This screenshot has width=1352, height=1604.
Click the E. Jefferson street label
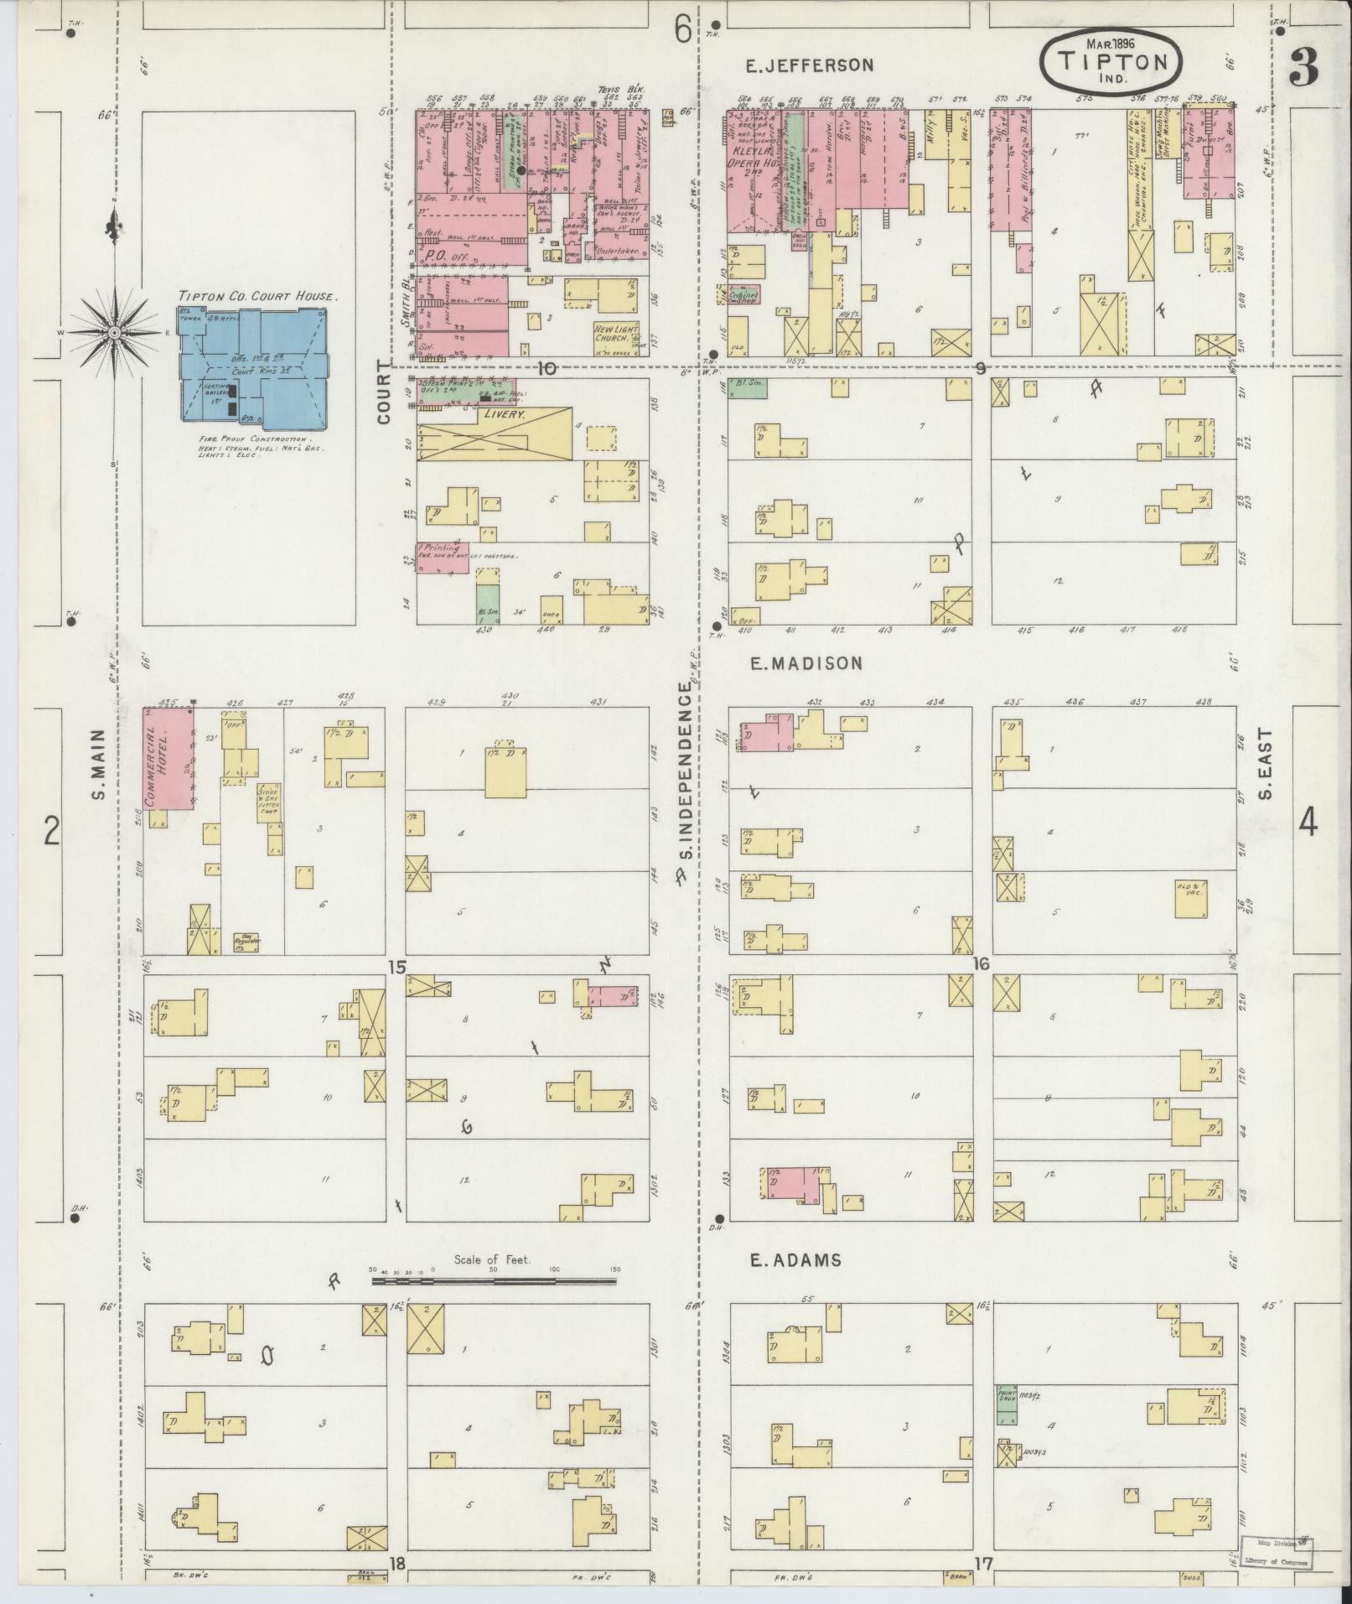[803, 65]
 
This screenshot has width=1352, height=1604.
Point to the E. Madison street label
[805, 663]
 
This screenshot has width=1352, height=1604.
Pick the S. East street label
[1266, 764]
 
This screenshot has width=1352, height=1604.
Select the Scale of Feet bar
[495, 1304]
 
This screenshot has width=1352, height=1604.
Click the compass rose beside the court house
[114, 334]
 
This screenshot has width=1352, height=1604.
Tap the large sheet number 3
[1304, 67]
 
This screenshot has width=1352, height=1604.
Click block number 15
[396, 968]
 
